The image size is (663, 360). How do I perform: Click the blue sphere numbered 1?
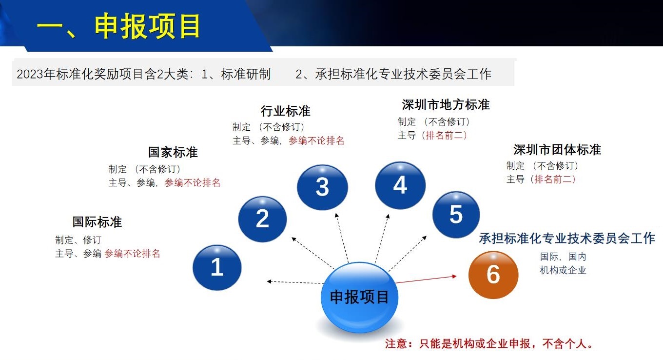point(217,268)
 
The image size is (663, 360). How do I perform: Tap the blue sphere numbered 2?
point(262,219)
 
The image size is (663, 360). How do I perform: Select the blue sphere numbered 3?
point(322,187)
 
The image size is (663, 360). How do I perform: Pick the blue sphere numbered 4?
point(400,185)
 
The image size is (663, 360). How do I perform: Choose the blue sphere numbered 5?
point(456,214)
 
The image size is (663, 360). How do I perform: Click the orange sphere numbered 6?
point(493,275)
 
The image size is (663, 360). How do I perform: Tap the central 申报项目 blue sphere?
point(359,297)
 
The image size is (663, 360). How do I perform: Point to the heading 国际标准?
point(97,222)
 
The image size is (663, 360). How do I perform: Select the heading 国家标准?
point(173,152)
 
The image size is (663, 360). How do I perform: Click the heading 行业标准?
point(285,111)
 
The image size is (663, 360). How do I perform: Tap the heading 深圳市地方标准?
point(446,105)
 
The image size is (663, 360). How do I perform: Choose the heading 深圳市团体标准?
point(557,150)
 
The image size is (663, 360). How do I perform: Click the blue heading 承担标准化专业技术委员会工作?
point(567,239)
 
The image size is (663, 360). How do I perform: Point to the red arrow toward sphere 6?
point(426,280)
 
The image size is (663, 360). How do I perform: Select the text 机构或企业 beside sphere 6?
point(563,270)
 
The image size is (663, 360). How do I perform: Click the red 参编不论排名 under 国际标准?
point(132,254)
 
